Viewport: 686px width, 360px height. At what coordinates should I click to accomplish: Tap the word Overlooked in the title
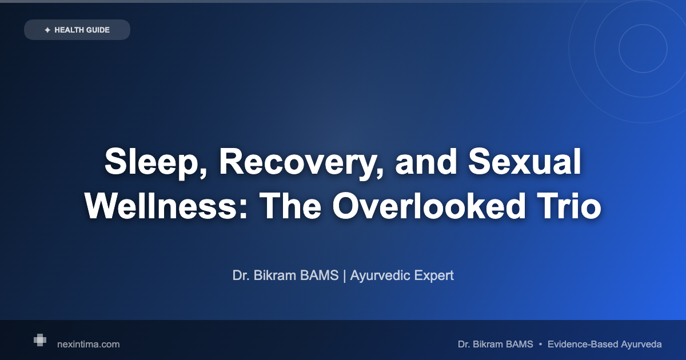(428, 206)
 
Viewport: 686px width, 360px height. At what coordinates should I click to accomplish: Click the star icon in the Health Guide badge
(47, 30)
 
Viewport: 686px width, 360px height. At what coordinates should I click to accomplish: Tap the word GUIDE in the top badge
(99, 30)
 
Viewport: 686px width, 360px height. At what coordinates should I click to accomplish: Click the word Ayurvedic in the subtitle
(381, 275)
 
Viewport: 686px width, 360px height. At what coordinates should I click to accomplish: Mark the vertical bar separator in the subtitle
(345, 275)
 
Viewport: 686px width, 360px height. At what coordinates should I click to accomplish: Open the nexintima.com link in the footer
(89, 344)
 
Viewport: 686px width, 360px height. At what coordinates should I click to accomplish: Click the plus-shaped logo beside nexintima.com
(39, 340)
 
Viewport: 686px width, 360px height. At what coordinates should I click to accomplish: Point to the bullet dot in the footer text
(540, 344)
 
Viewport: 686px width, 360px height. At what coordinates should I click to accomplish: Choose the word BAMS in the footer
(520, 344)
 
